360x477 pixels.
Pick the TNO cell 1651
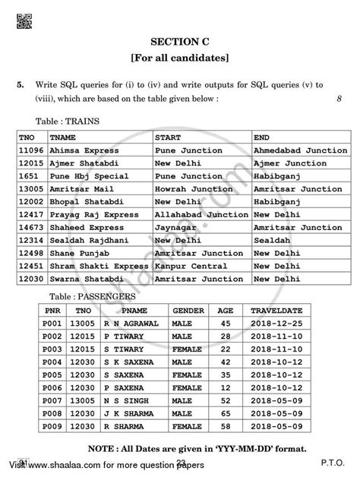point(27,175)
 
